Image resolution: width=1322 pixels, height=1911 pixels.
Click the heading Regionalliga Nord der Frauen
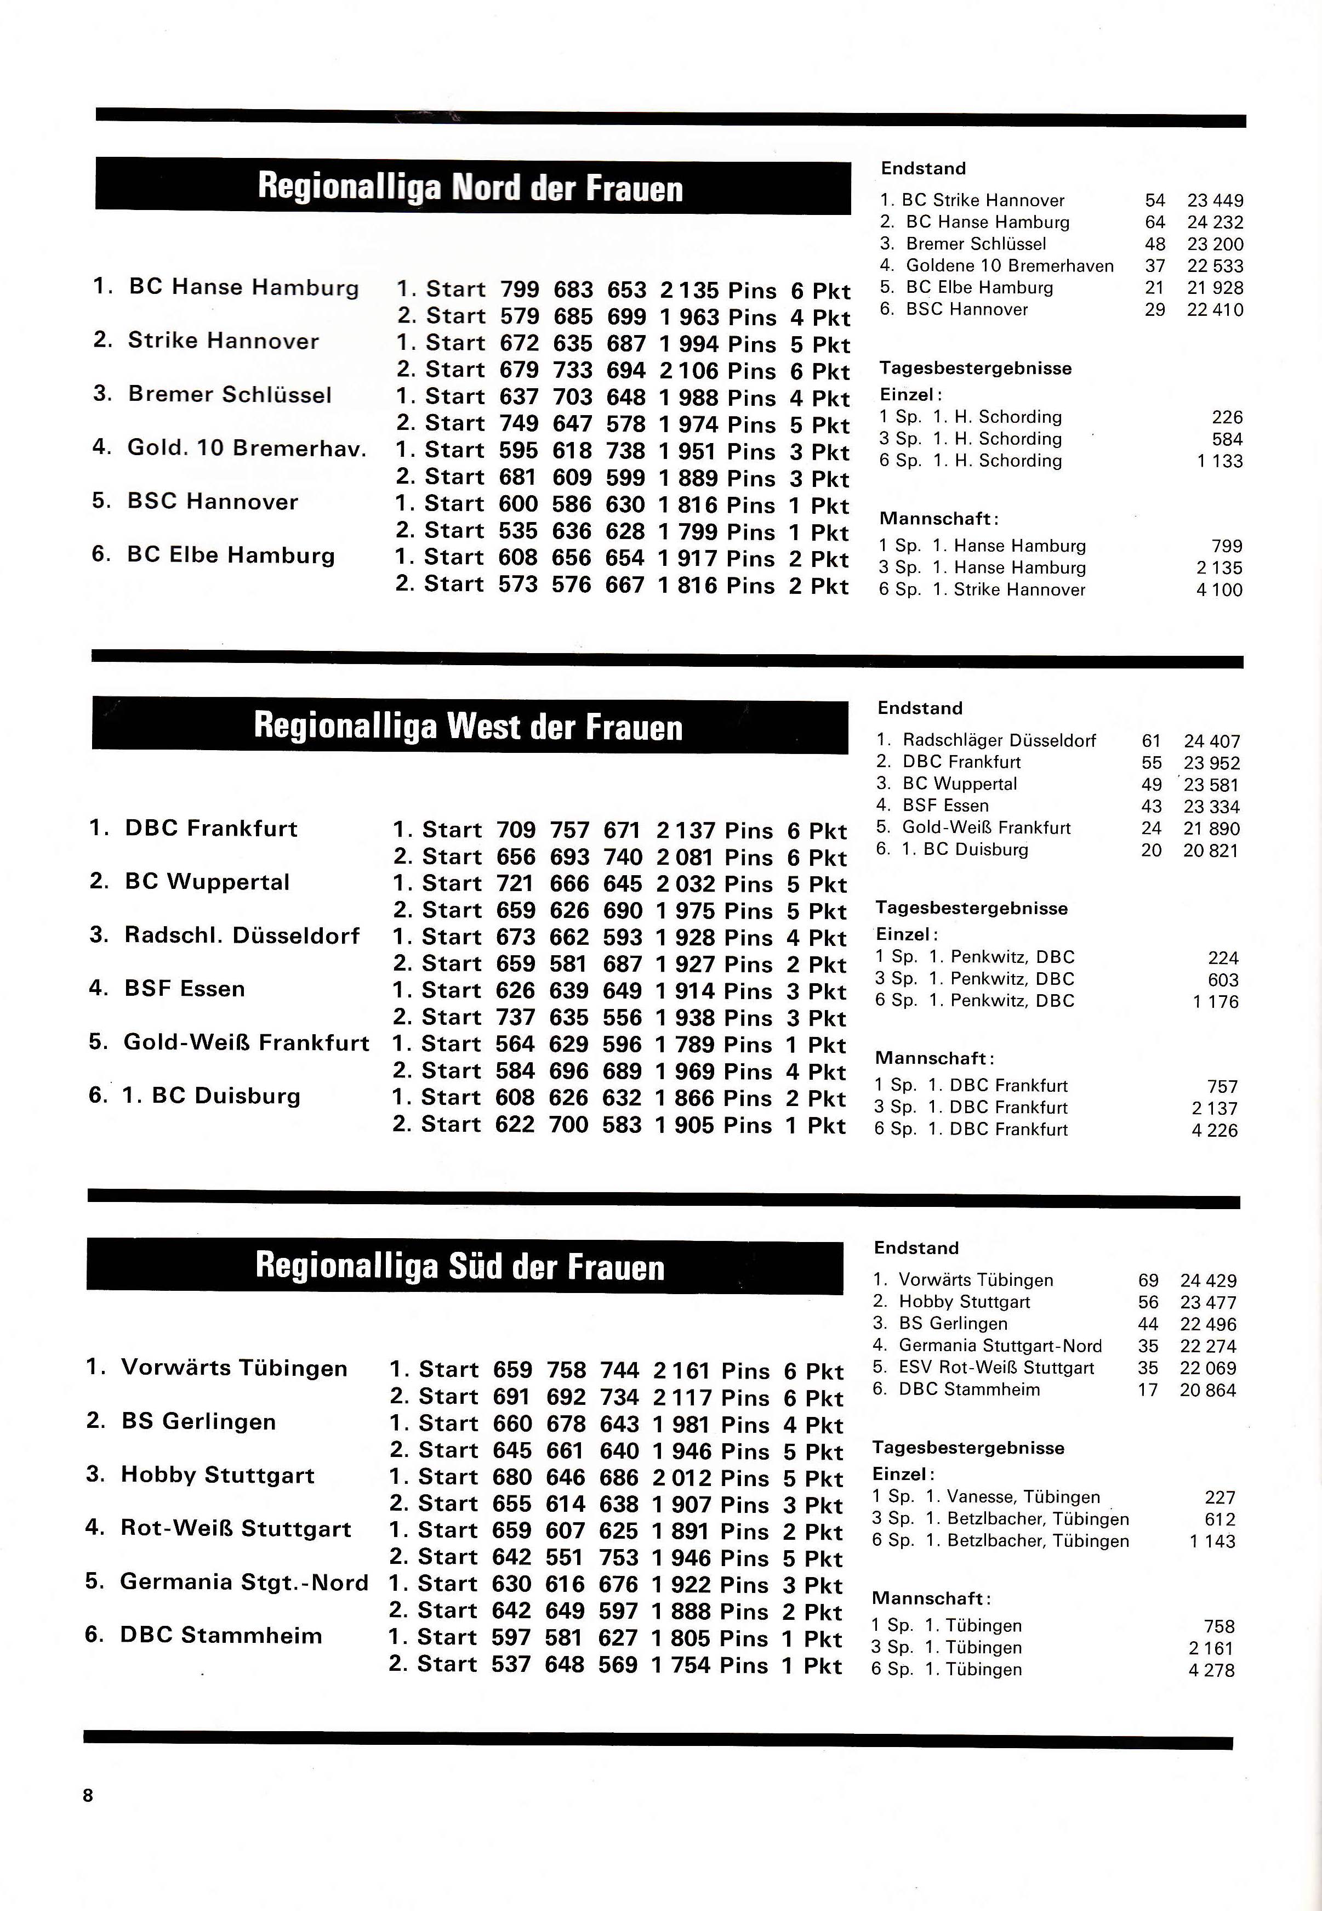[x=470, y=188]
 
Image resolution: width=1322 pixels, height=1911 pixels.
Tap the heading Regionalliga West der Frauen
[x=468, y=727]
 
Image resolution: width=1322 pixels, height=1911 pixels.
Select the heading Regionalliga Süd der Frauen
[x=460, y=1266]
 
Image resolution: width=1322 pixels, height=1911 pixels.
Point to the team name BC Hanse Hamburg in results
[x=243, y=287]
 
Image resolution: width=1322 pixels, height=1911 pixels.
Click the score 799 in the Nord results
[x=520, y=290]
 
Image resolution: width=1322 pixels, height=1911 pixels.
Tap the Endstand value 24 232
[x=1215, y=222]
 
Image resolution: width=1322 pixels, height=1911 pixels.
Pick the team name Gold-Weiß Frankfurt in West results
[x=246, y=1042]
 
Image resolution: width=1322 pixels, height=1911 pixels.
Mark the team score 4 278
[x=1211, y=1670]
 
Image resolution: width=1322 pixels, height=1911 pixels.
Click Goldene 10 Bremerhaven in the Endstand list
[x=1009, y=266]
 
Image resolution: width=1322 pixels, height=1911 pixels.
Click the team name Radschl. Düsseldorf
[x=242, y=935]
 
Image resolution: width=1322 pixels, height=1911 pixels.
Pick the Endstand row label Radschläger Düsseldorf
[x=999, y=740]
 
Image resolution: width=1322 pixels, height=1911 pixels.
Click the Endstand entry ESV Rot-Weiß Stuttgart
[x=996, y=1368]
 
